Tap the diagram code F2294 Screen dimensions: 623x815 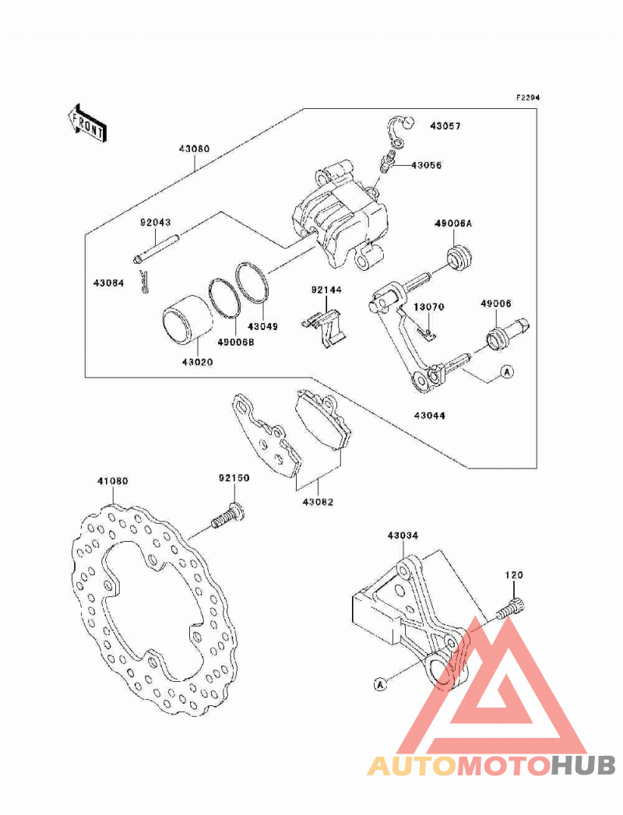pos(527,97)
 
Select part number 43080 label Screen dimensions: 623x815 pos(195,149)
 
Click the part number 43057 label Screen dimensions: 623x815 pos(445,126)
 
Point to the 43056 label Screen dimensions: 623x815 pos(427,165)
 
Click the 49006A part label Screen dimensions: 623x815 pos(453,223)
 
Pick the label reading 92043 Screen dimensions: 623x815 pos(155,223)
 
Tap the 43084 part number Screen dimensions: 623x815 pos(109,283)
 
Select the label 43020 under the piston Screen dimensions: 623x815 pos(197,362)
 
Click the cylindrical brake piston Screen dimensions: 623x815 pos(187,320)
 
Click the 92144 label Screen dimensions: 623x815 pos(326,290)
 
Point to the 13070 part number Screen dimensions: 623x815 pos(429,307)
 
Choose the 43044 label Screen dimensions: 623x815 pos(430,416)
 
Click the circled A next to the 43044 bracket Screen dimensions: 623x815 pos(507,371)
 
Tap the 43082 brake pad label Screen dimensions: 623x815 pos(318,502)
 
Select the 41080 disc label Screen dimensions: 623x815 pos(112,481)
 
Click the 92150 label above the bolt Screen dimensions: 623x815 pos(234,478)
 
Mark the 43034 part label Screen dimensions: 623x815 pos(403,536)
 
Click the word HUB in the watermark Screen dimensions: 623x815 pos(583,765)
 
